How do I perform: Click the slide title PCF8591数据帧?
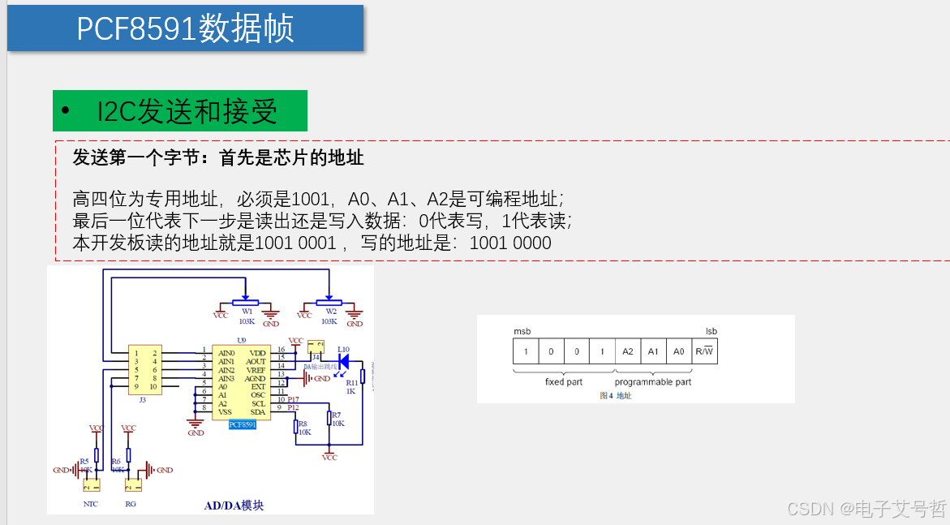coord(185,29)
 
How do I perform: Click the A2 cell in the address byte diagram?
coord(627,351)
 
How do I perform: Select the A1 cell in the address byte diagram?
coord(653,351)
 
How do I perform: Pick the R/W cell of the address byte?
coord(705,351)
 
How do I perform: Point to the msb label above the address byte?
coord(522,331)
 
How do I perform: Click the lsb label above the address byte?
coord(711,331)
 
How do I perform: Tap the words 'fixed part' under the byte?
coord(563,381)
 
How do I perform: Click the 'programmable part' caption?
coord(653,381)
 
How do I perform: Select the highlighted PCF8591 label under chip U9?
coord(243,424)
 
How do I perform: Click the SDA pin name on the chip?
coord(258,411)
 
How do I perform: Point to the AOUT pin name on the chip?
coord(256,362)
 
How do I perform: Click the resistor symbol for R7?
coord(329,417)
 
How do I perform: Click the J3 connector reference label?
coord(143,399)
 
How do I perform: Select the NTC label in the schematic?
coord(91,504)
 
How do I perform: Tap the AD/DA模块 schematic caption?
coord(234,506)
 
